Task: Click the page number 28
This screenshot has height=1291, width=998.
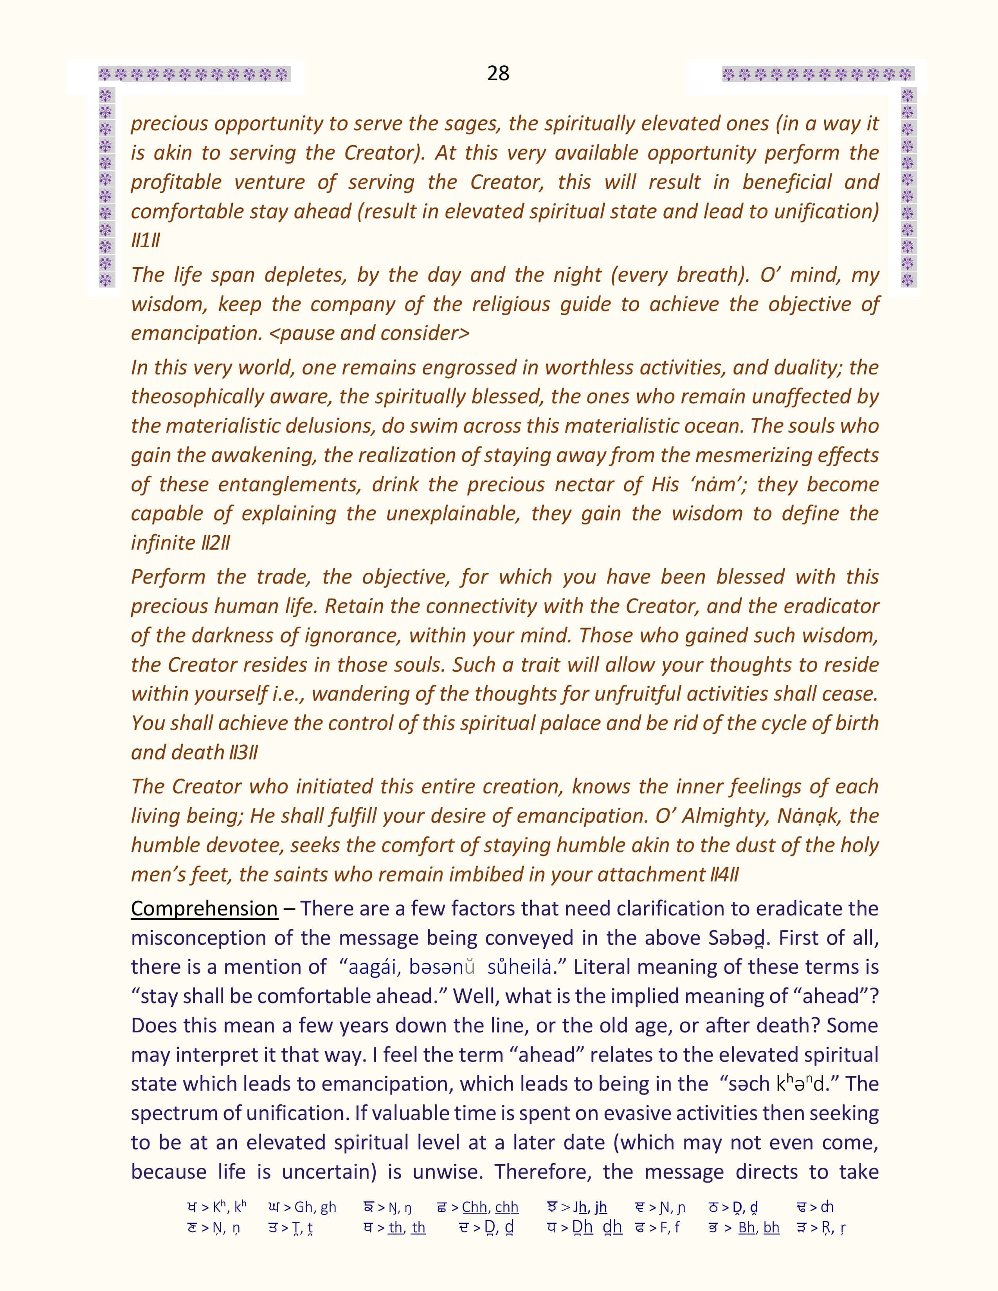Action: (x=498, y=73)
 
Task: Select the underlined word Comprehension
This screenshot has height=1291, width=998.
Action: (x=204, y=908)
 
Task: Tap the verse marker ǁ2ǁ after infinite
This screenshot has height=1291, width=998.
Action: (x=216, y=543)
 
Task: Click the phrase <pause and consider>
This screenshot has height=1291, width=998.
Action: (x=369, y=333)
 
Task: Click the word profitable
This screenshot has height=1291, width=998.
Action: (x=176, y=182)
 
